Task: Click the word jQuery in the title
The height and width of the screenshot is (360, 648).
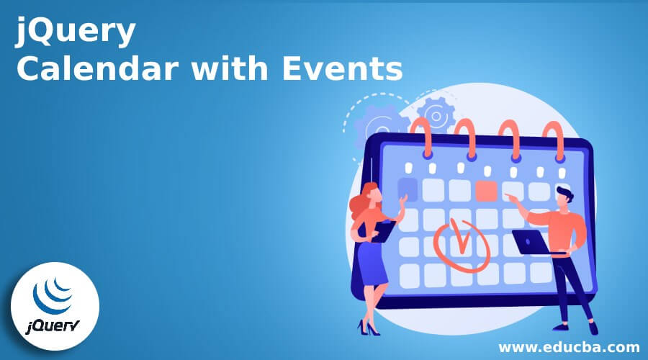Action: coord(76,34)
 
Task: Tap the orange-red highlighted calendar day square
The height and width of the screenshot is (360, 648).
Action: coord(486,190)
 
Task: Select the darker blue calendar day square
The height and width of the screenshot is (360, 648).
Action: coord(408,189)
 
